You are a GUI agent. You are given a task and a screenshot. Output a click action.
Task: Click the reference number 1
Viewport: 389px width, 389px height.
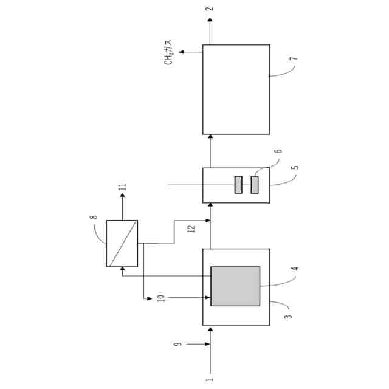pos(210,379)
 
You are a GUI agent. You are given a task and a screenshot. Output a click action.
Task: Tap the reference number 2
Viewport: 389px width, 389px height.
pos(210,9)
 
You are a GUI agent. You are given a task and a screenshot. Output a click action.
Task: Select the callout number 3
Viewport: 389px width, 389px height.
pos(287,317)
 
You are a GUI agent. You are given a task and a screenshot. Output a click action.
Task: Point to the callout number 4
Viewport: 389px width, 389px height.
pos(295,269)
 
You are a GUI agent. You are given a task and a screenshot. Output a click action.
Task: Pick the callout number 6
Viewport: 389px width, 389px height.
pos(278,151)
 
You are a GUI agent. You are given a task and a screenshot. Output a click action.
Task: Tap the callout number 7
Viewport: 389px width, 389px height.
pos(294,59)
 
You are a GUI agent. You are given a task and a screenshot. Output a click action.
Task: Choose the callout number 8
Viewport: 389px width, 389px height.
pos(94,217)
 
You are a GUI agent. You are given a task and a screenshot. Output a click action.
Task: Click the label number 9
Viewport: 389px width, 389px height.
pos(177,344)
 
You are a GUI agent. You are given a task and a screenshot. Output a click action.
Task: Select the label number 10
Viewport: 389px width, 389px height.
pos(160,298)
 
